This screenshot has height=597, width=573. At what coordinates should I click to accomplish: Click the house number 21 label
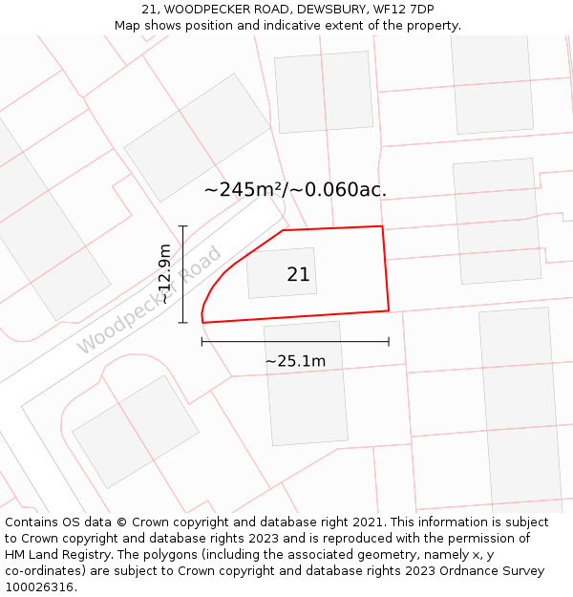tap(298, 275)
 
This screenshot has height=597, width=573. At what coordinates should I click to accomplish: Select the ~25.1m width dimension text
tap(295, 361)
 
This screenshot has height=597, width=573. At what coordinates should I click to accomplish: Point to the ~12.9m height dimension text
tap(164, 274)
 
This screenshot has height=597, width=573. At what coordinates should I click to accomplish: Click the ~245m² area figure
tap(244, 189)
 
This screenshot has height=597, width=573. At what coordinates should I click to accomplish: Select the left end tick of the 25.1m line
tap(202, 341)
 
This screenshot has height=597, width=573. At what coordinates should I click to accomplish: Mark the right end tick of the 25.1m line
tap(389, 341)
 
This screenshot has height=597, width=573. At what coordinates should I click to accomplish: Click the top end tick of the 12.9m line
tap(182, 226)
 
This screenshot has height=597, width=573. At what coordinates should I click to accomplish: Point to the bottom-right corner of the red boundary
tap(389, 310)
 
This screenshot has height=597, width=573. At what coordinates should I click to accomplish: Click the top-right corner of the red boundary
tap(383, 226)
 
